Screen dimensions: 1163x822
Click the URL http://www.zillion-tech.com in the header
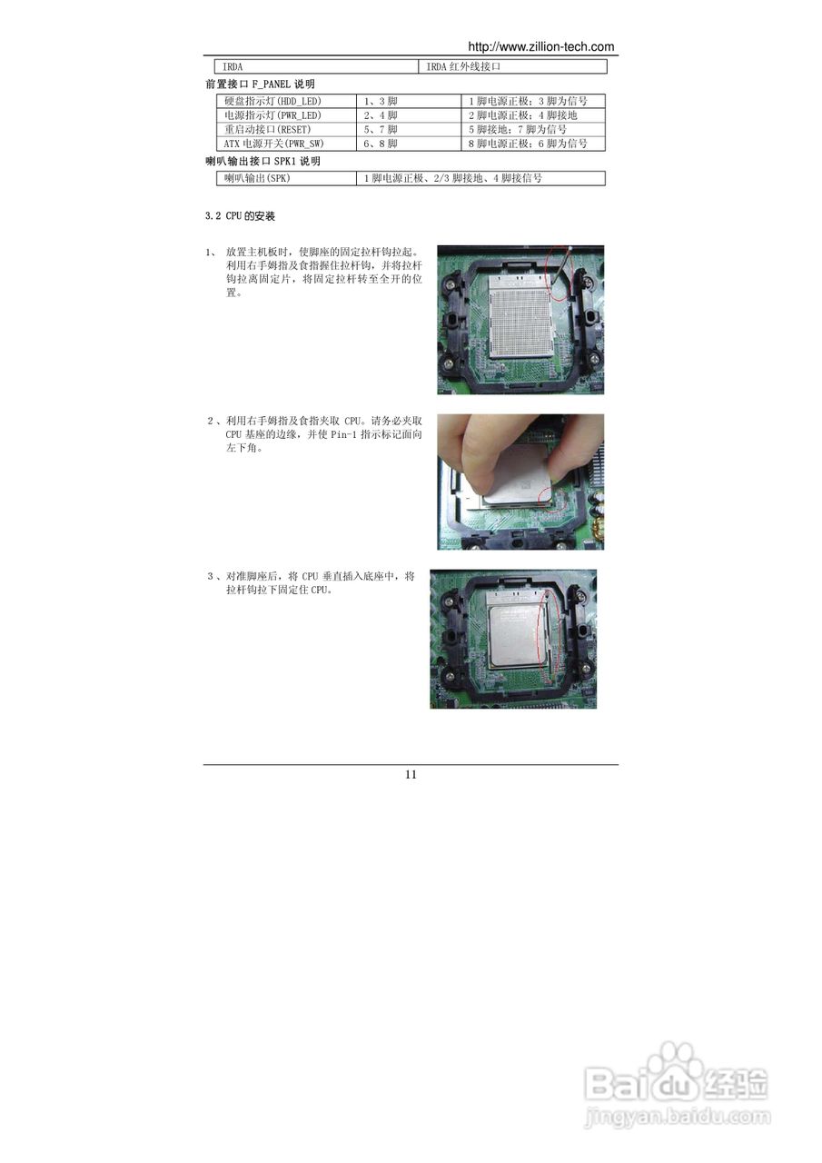(x=540, y=46)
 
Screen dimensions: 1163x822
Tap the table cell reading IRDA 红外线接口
(x=464, y=66)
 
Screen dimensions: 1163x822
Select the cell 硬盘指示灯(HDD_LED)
(x=272, y=101)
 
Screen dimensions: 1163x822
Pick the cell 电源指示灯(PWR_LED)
(x=272, y=115)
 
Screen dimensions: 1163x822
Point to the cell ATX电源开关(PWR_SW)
(x=273, y=144)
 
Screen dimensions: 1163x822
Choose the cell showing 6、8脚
(x=381, y=144)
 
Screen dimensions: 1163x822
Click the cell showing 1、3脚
(x=381, y=101)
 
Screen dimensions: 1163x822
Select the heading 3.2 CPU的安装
(x=240, y=217)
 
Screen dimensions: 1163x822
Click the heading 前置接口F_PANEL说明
(x=260, y=84)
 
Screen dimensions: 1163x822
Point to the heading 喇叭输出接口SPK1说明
(x=263, y=161)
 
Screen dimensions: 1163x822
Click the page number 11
(x=411, y=774)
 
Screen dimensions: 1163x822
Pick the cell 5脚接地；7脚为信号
(x=518, y=129)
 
